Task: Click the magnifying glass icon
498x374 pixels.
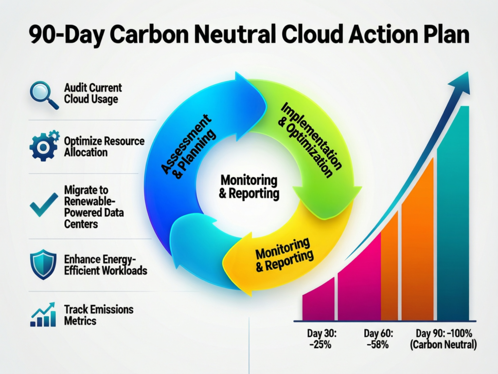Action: pos(43,94)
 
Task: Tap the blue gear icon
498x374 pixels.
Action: pos(44,146)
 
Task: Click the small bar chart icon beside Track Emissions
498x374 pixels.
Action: pos(43,315)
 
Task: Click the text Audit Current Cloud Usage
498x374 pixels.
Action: pos(92,94)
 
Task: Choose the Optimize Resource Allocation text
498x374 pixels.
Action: pos(104,147)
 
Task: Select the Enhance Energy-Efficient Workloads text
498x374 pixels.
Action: pos(105,264)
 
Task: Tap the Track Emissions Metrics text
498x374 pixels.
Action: pos(98,315)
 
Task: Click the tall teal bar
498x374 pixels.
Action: pos(453,214)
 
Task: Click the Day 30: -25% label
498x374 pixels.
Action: pos(320,339)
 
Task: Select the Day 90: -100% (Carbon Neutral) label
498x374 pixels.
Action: pos(446,339)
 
